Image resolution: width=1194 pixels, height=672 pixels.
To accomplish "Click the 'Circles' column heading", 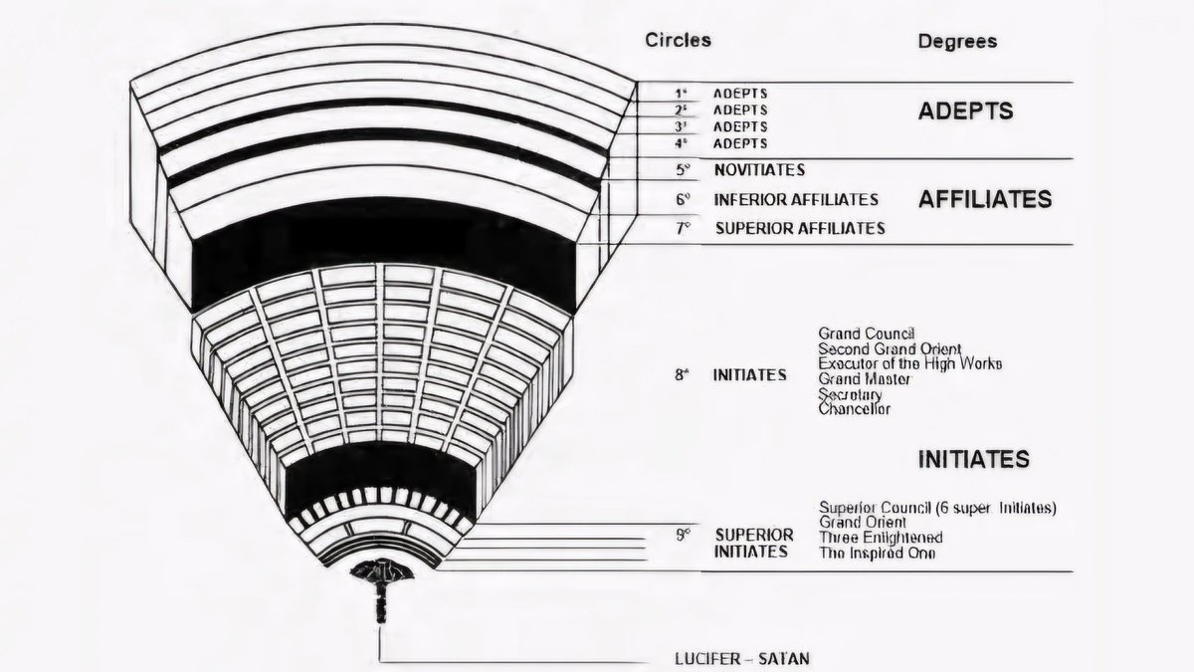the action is [678, 41].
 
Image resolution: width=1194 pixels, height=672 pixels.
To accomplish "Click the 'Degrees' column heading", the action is [956, 42].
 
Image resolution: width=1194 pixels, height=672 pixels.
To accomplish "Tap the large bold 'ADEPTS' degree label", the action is [965, 111].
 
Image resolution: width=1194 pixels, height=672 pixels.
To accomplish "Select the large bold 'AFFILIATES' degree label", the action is [984, 199].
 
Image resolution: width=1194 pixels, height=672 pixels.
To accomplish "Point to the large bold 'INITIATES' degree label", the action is [972, 460].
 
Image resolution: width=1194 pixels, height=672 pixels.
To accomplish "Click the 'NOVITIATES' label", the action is [759, 170].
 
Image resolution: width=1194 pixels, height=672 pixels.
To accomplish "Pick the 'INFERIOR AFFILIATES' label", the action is [796, 199].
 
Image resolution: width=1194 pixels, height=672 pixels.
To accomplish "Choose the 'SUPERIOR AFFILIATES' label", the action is [800, 228].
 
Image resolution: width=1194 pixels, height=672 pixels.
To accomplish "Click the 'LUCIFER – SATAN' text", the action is [741, 659].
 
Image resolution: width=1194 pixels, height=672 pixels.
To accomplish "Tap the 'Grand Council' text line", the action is [866, 333].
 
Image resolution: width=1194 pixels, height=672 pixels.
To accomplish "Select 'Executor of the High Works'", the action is [909, 363].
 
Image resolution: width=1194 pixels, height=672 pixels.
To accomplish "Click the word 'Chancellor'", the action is [854, 409].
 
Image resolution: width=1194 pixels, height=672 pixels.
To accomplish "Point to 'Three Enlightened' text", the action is [880, 538].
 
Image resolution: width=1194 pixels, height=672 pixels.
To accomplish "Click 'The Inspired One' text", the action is [877, 554].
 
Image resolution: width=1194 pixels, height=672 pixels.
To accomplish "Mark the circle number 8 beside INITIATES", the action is [682, 376].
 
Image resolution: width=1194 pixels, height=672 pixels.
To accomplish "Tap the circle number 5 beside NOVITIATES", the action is [683, 170].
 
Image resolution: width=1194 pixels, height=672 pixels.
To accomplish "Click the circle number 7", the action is [683, 228].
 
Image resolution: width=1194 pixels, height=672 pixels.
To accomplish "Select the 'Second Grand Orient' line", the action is [890, 348].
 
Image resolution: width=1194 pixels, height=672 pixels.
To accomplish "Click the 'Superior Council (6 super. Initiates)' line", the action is [936, 508].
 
